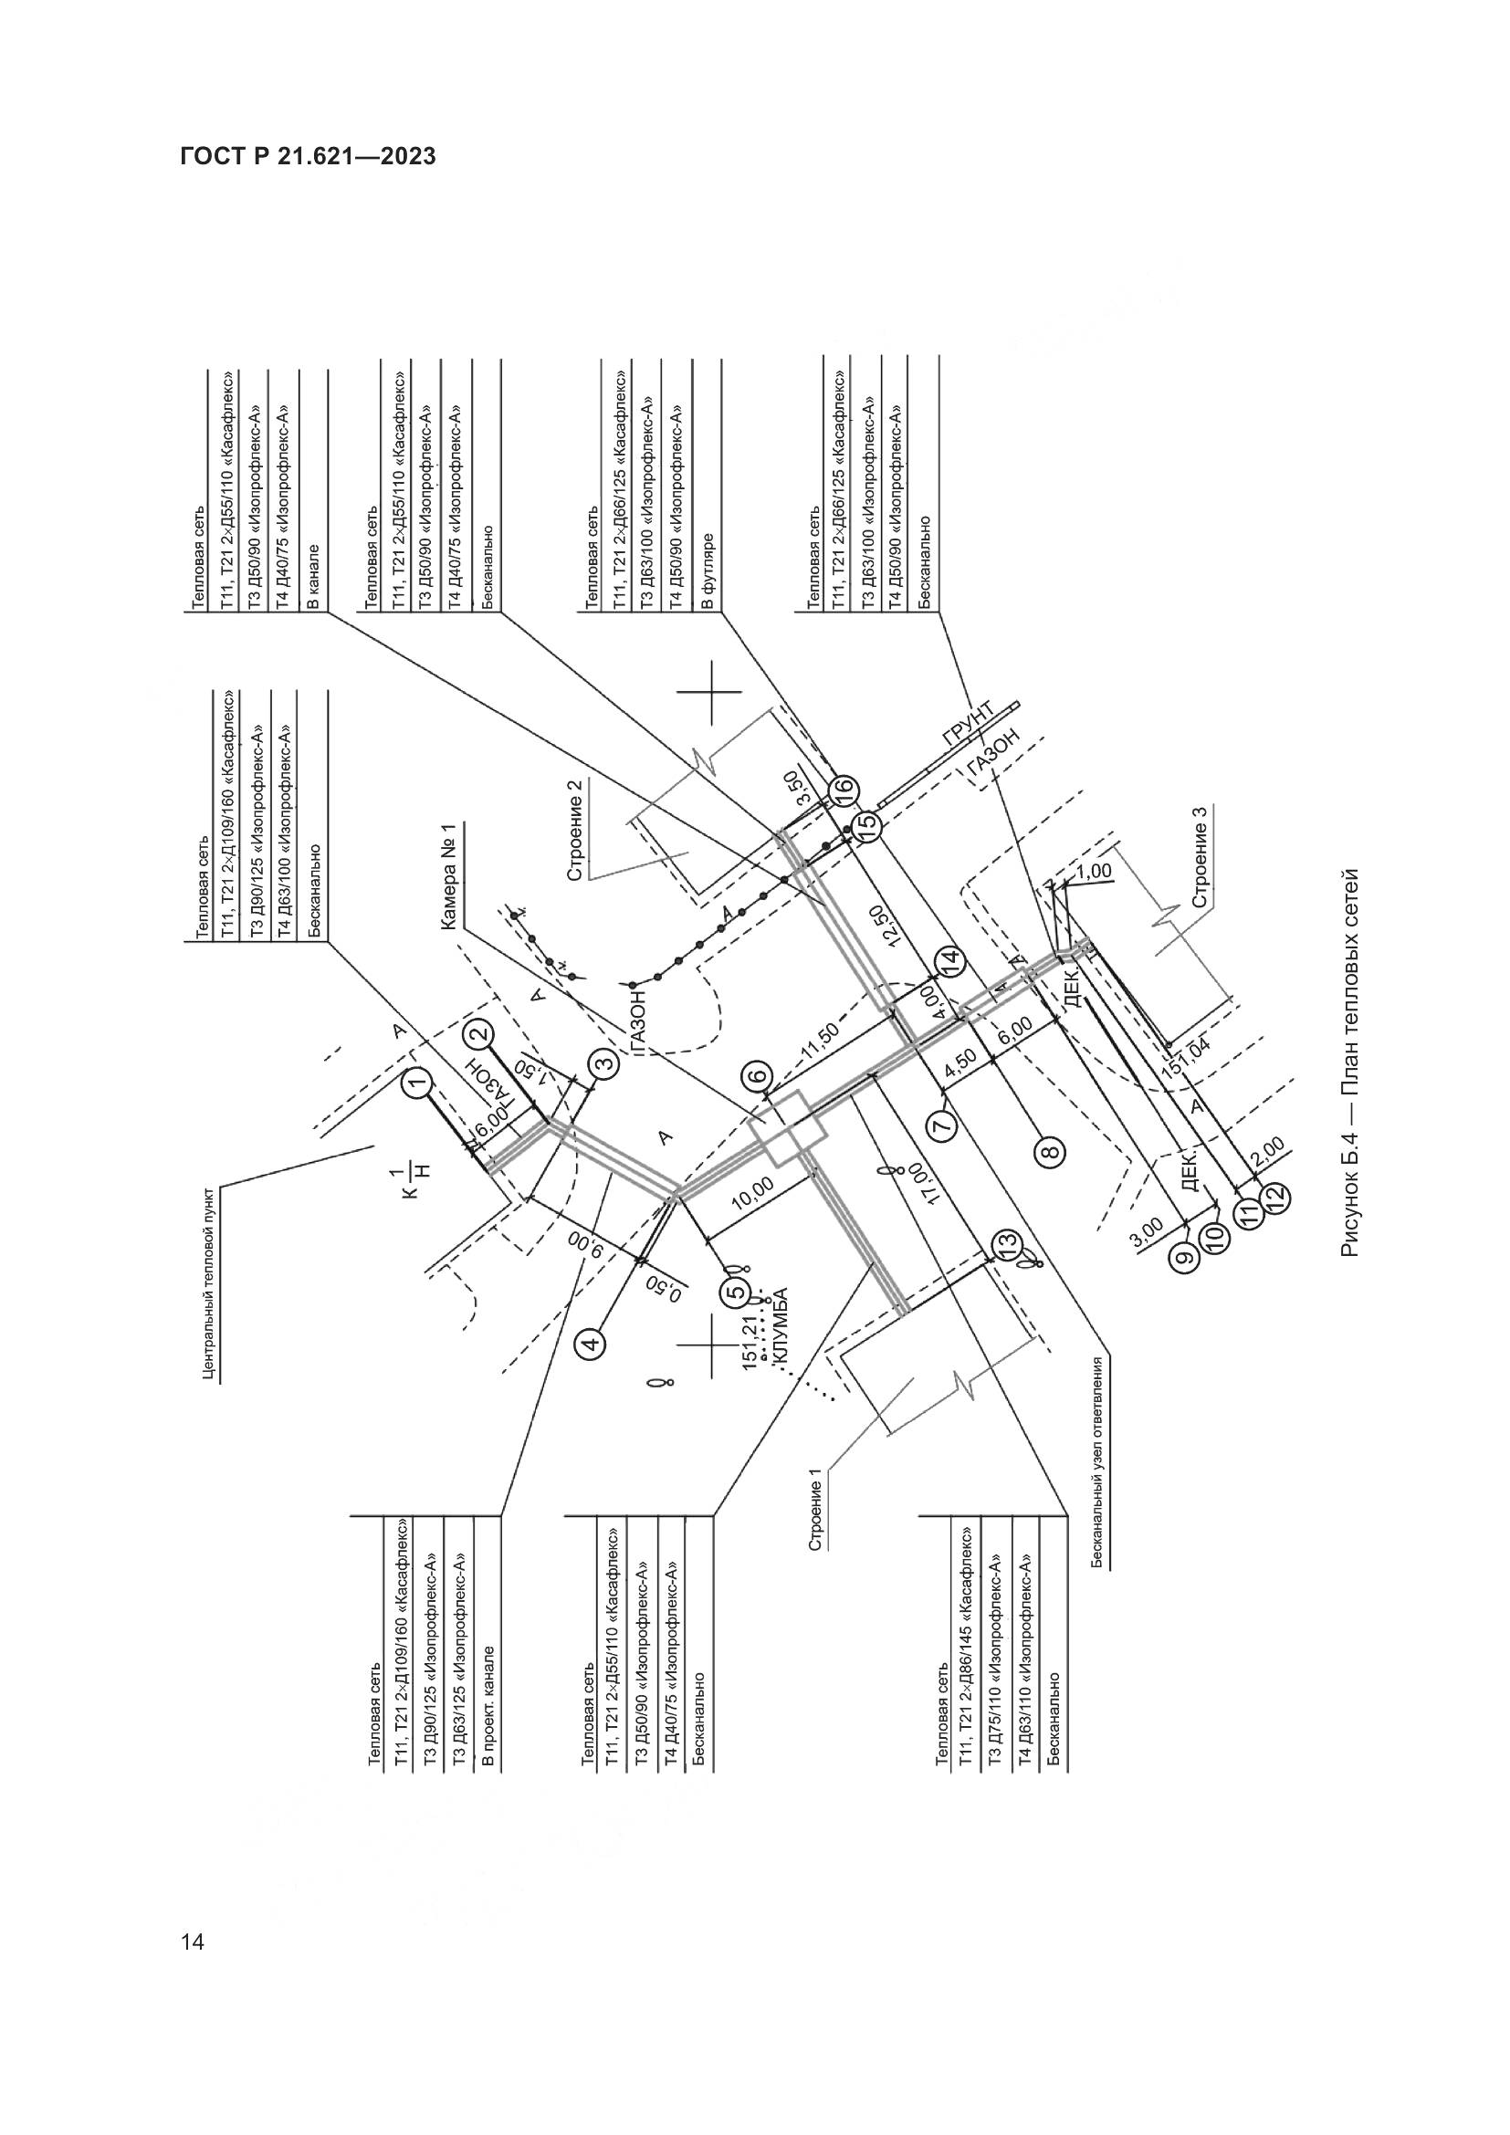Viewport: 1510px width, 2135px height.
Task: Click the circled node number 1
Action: [417, 1082]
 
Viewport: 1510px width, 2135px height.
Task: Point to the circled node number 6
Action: [758, 1078]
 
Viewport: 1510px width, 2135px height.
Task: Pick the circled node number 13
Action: [1006, 1242]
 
